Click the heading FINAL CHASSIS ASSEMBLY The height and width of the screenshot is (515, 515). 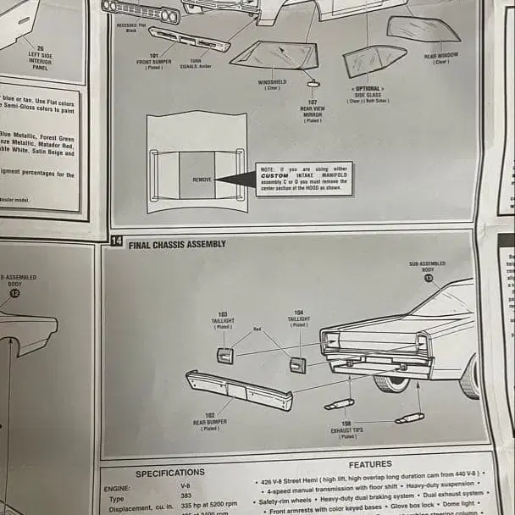coord(177,244)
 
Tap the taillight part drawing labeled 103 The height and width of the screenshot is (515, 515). coord(225,356)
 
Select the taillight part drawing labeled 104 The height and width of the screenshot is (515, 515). coord(298,364)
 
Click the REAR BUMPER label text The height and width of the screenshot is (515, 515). coord(210,421)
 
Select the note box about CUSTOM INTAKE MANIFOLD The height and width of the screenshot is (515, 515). coord(303,179)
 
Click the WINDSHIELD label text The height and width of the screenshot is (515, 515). coord(272,84)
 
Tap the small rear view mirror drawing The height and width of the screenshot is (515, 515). coord(313,83)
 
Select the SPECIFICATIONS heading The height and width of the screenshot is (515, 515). coord(170,473)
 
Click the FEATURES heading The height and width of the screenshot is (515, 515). coord(370,464)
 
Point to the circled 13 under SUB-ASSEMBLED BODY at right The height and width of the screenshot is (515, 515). coord(429,277)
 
